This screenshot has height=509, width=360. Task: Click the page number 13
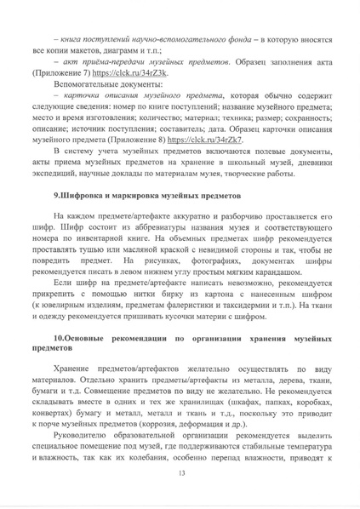point(180,473)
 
